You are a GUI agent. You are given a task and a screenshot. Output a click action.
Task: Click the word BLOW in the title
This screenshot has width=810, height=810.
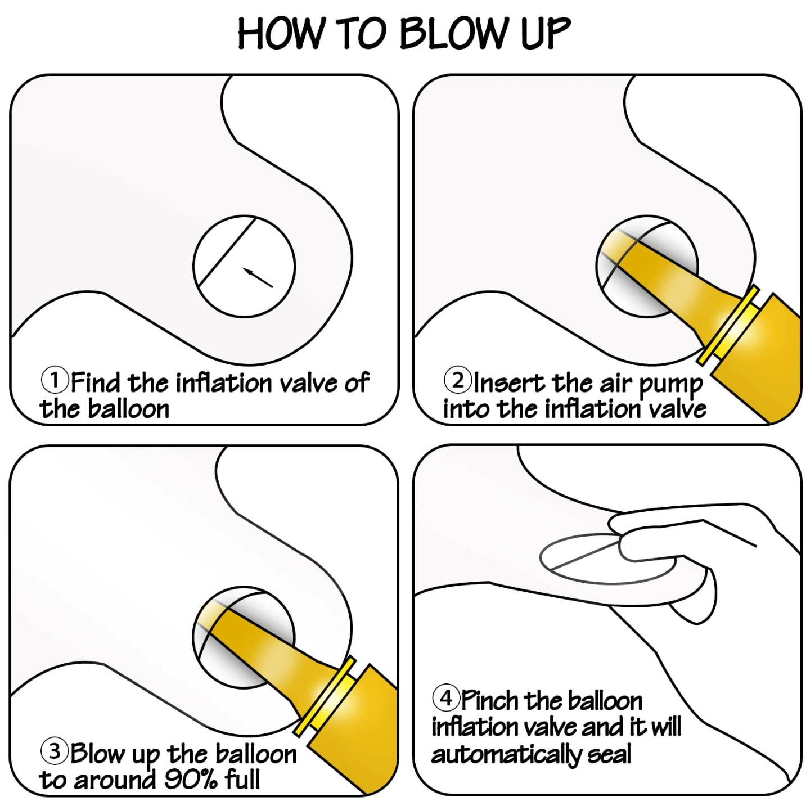pyautogui.click(x=452, y=34)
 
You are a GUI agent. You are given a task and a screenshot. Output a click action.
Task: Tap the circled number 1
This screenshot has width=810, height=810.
pyautogui.click(x=55, y=380)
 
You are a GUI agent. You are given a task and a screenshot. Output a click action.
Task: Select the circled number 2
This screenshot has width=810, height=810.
pyautogui.click(x=458, y=380)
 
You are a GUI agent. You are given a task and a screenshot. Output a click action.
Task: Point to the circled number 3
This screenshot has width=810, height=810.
pyautogui.click(x=55, y=751)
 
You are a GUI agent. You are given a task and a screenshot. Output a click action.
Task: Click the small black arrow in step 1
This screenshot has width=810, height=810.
pyautogui.click(x=258, y=277)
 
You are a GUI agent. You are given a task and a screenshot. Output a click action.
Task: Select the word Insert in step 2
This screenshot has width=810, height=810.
pyautogui.click(x=510, y=382)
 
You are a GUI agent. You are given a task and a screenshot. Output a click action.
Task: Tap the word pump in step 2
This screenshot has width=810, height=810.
pyautogui.click(x=671, y=385)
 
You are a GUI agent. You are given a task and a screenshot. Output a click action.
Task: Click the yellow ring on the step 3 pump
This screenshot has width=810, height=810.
pyautogui.click(x=324, y=696)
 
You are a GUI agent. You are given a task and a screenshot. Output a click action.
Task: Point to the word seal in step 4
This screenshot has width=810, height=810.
pyautogui.click(x=610, y=754)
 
